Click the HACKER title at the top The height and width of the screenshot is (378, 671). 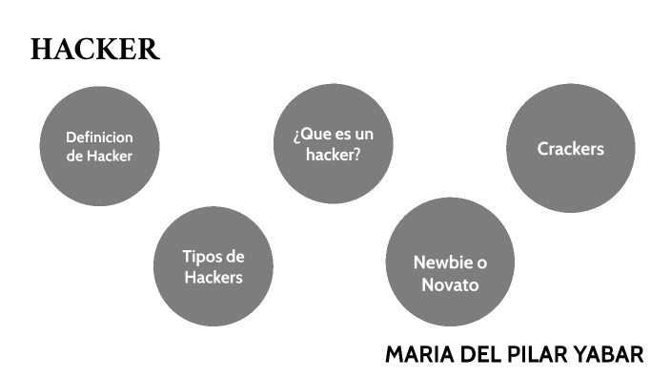94,51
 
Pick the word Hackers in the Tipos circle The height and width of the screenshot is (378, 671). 213,278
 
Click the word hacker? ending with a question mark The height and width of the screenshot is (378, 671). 333,155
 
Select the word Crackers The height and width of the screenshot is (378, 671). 570,149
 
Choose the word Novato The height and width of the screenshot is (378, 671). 450,285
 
